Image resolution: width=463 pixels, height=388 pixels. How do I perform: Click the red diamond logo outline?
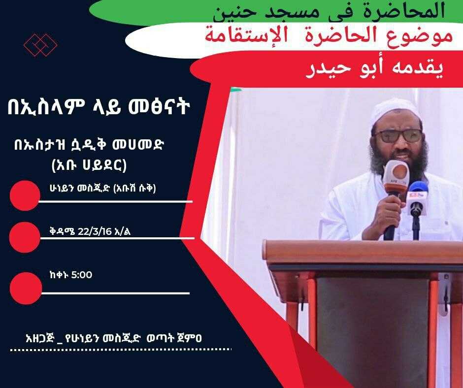pyautogui.click(x=40, y=45)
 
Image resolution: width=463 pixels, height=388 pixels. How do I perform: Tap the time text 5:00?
pyautogui.click(x=82, y=275)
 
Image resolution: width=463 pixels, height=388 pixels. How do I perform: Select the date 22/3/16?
pyautogui.click(x=95, y=231)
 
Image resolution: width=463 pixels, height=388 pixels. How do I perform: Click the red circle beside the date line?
pyautogui.click(x=25, y=237)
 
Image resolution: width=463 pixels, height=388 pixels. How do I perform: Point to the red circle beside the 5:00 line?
pyautogui.click(x=26, y=288)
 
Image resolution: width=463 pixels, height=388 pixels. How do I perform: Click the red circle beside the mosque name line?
pyautogui.click(x=25, y=195)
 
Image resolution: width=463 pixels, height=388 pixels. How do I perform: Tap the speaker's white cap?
pyautogui.click(x=396, y=111)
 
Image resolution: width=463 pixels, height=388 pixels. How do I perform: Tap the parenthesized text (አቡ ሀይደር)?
pyautogui.click(x=89, y=165)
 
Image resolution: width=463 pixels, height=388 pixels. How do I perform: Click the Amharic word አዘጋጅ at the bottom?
pyautogui.click(x=40, y=337)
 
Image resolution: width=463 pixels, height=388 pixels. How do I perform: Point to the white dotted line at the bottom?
pyautogui.click(x=121, y=350)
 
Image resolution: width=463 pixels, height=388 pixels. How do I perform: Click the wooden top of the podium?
pyautogui.click(x=363, y=251)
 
